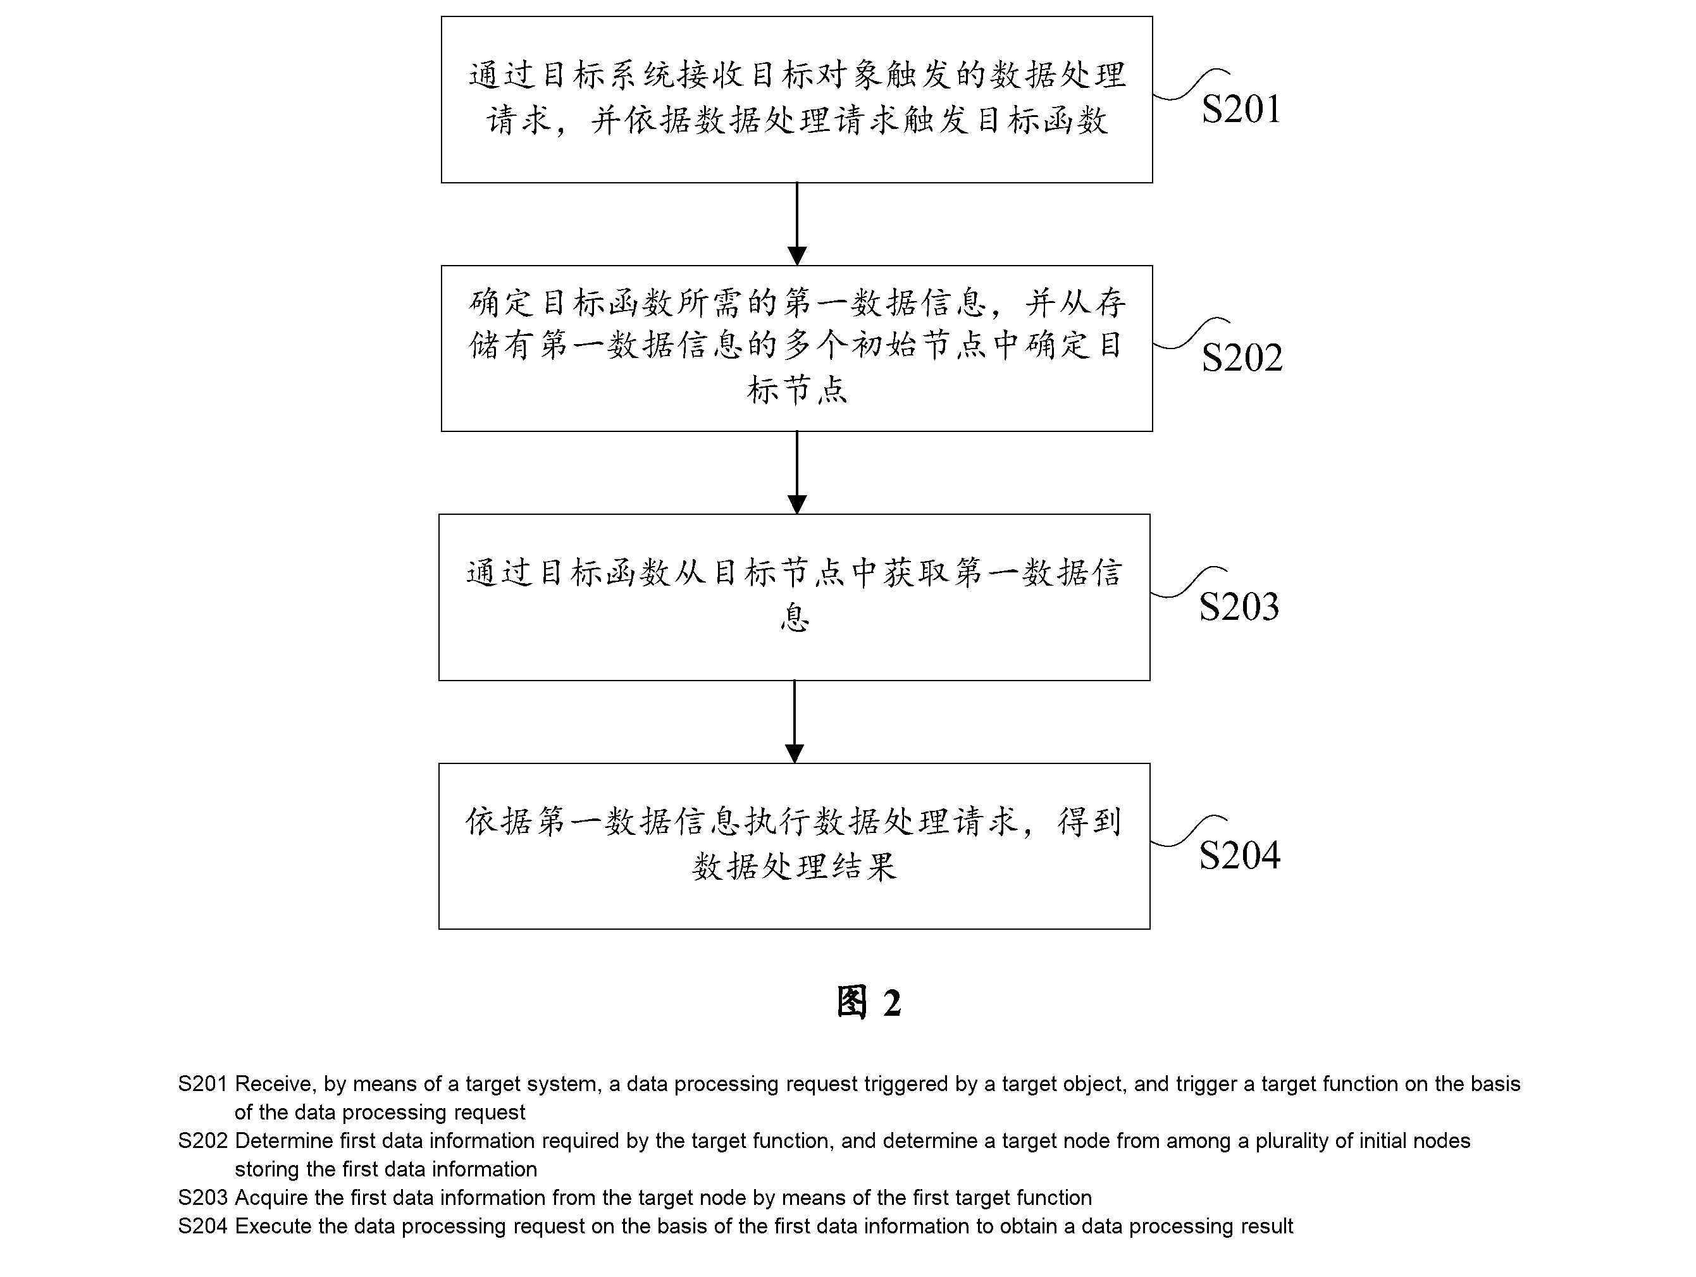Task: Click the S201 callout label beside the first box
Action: [1241, 109]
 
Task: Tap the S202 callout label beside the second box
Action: [1241, 358]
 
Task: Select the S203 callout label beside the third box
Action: [1239, 607]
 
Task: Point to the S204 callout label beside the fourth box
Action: [1239, 855]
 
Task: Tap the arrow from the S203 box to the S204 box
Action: [795, 721]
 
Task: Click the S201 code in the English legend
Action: [202, 1084]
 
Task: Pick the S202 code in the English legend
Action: [202, 1140]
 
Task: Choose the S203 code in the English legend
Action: [202, 1197]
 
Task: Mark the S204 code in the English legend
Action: [202, 1226]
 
